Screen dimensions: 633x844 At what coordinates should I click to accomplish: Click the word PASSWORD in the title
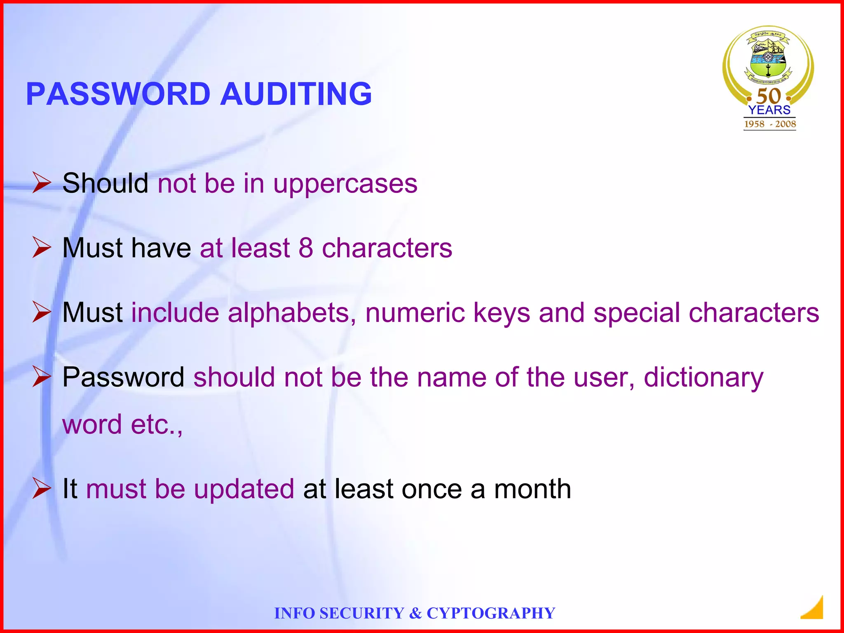click(x=118, y=94)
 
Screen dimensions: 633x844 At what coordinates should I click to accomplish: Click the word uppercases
click(x=345, y=184)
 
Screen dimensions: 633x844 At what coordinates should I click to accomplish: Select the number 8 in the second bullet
click(x=305, y=248)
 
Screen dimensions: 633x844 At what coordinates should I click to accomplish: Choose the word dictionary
click(x=703, y=378)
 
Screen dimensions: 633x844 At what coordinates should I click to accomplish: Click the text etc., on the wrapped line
click(x=157, y=425)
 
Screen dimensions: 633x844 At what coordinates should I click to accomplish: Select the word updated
click(x=244, y=489)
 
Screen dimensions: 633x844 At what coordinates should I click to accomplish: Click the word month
click(x=532, y=489)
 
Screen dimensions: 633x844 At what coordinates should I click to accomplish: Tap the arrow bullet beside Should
click(x=42, y=183)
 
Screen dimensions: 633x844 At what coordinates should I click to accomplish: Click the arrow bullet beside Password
click(x=42, y=377)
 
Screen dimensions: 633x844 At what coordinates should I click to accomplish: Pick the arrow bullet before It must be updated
click(x=42, y=488)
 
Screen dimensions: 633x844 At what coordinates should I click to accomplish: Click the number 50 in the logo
click(x=769, y=96)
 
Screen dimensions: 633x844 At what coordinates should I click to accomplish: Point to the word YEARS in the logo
click(x=769, y=110)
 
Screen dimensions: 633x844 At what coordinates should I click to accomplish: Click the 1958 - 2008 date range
click(x=770, y=124)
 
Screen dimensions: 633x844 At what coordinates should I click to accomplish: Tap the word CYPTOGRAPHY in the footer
click(x=491, y=613)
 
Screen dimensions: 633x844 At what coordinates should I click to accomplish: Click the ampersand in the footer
click(x=415, y=613)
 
